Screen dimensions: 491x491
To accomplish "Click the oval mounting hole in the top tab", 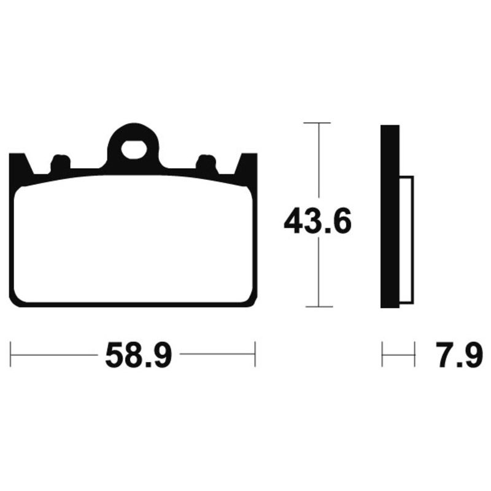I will (133, 149).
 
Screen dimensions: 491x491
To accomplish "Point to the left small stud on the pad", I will (60, 163).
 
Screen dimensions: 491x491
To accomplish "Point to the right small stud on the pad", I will (207, 163).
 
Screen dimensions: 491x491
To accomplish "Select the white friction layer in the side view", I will (408, 239).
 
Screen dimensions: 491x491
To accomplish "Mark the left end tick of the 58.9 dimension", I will (11, 355).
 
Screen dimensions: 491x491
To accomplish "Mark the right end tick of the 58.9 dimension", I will (255, 355).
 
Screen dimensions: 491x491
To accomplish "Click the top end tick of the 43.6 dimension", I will (317, 123).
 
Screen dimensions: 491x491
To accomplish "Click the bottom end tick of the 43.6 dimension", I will (317, 306).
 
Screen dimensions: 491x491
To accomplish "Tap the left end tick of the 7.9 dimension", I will (382, 355).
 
